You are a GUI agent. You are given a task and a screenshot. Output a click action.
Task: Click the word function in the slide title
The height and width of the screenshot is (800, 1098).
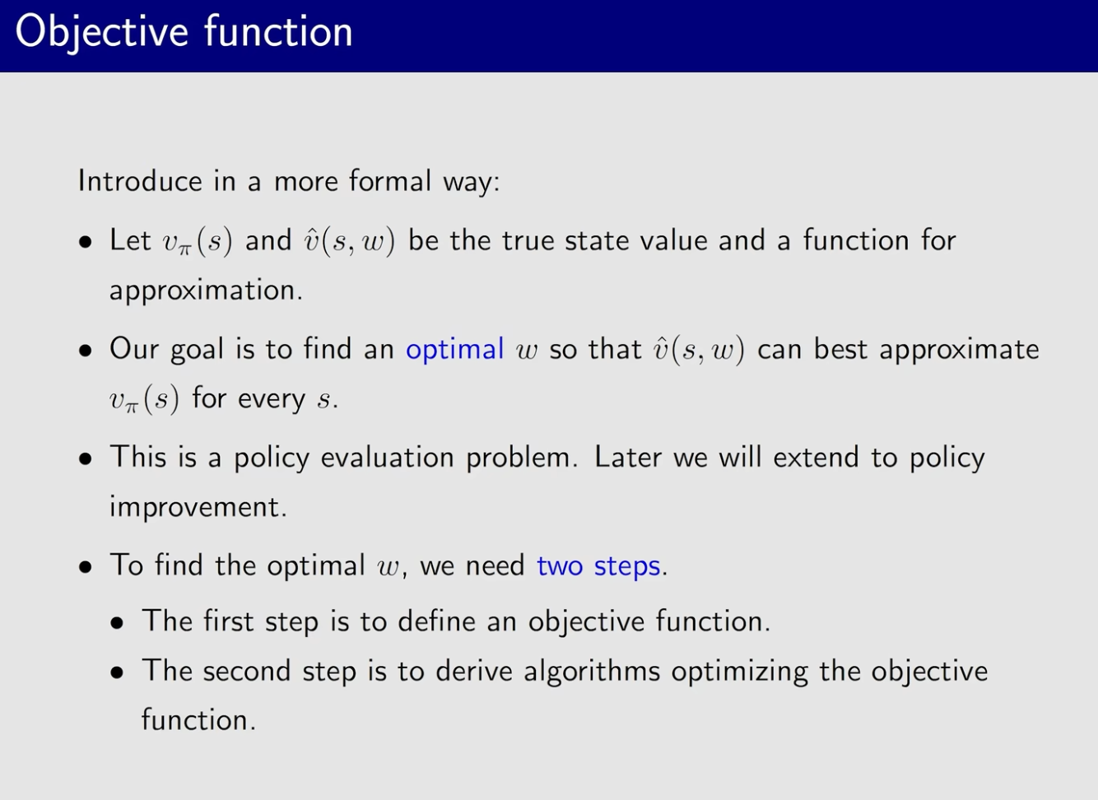click(x=278, y=30)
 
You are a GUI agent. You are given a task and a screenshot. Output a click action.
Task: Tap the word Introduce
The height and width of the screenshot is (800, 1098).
click(x=140, y=181)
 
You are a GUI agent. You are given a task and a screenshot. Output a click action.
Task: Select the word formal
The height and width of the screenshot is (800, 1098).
click(x=390, y=180)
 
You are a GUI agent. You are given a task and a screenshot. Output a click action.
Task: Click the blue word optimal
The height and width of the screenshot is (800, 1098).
click(x=455, y=350)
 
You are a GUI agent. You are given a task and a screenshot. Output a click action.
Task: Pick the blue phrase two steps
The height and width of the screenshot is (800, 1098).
click(x=598, y=567)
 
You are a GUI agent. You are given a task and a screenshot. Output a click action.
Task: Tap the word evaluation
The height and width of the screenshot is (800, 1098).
click(x=387, y=458)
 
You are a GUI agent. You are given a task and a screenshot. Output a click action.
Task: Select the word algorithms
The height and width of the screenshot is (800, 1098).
click(x=592, y=672)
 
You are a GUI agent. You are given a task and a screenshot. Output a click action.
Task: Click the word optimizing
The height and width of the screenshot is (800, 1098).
click(x=739, y=672)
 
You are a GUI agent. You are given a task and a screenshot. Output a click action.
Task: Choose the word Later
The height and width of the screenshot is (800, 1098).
click(x=627, y=458)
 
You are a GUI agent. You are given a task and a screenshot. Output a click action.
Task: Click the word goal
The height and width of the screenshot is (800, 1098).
click(x=197, y=351)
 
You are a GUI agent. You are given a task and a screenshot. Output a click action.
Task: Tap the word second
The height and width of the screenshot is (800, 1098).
click(x=247, y=671)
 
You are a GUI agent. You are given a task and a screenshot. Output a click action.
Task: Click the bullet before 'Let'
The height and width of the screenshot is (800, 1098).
click(x=86, y=242)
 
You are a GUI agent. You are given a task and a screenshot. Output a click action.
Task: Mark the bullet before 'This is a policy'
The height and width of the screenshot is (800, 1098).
click(x=86, y=458)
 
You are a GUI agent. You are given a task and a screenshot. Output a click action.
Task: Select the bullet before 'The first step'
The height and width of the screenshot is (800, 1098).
click(x=117, y=623)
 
